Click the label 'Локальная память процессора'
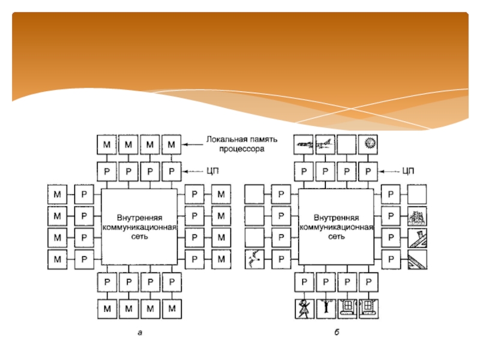pos(242,144)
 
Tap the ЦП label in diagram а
pos(213,171)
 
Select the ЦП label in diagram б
pos(408,171)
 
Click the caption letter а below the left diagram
pos(140,333)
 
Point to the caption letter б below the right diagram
pos(337,332)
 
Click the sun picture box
pos(368,145)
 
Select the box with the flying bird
pos(254,260)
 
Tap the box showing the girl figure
pos(304,309)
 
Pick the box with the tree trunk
pos(326,309)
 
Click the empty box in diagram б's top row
pos(347,145)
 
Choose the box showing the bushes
pos(417,216)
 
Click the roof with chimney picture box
pos(417,238)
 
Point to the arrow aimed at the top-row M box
pos(193,145)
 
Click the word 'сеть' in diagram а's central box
pos(140,236)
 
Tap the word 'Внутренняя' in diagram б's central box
pos(336,218)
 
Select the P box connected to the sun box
pos(368,172)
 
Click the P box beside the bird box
pos(281,260)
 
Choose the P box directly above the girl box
pos(304,282)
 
